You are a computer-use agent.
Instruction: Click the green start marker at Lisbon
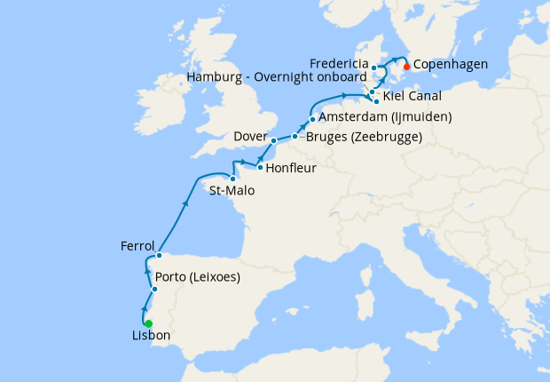pos(148,323)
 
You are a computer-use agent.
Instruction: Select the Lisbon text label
pos(150,337)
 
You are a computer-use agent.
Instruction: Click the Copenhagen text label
pos(454,65)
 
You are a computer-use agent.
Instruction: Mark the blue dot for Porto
pos(154,290)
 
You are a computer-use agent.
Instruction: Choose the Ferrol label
pos(137,245)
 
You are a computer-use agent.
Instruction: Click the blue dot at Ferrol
pos(158,256)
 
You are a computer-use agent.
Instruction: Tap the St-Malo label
pos(228,189)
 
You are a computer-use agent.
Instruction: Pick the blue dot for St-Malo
pos(232,178)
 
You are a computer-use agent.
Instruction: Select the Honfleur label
pos(291,166)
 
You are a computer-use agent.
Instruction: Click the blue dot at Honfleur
pos(258,166)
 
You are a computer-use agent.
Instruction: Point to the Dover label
pos(250,136)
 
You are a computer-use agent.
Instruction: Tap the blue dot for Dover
pos(274,140)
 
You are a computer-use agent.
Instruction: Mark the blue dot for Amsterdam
pos(312,120)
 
